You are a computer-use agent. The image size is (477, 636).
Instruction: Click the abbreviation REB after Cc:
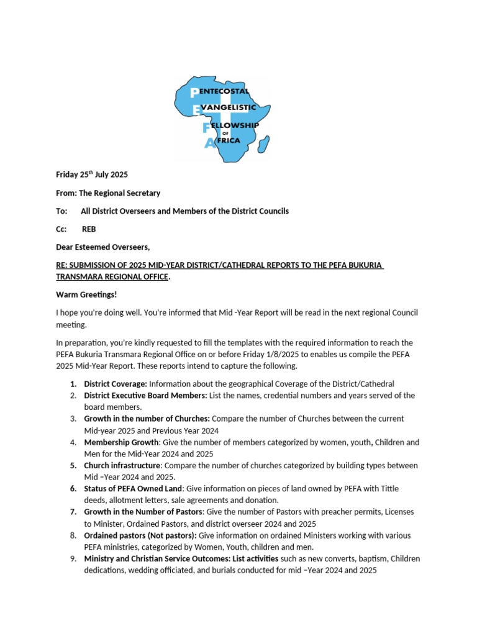pos(89,229)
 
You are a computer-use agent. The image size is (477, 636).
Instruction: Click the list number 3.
pos(73,419)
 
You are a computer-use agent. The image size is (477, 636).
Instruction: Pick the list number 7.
pos(73,512)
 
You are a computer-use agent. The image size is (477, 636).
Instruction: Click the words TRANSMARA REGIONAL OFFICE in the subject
pos(112,276)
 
